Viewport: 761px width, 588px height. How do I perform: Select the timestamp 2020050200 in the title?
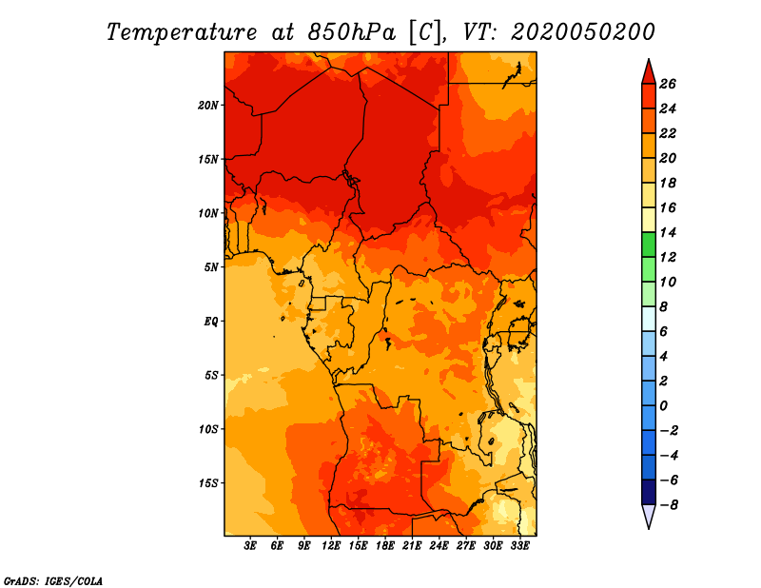(x=583, y=31)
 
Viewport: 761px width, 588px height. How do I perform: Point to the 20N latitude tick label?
(x=208, y=105)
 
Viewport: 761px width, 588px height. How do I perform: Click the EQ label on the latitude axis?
(x=211, y=322)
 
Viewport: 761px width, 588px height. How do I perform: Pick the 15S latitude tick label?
(x=208, y=483)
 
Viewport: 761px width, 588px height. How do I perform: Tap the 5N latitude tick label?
(x=211, y=267)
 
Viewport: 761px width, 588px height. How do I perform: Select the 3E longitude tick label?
(x=251, y=546)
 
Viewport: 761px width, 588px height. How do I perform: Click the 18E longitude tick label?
(x=385, y=546)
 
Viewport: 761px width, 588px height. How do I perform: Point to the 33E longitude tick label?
(x=519, y=546)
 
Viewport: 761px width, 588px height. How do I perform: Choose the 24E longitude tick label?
(x=439, y=546)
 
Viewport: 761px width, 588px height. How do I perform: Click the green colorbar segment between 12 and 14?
(x=648, y=245)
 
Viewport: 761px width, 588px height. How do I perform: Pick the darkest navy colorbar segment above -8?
(x=648, y=492)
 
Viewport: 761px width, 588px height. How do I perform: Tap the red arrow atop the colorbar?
(x=648, y=70)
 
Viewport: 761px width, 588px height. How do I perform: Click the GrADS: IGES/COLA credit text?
(x=52, y=580)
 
